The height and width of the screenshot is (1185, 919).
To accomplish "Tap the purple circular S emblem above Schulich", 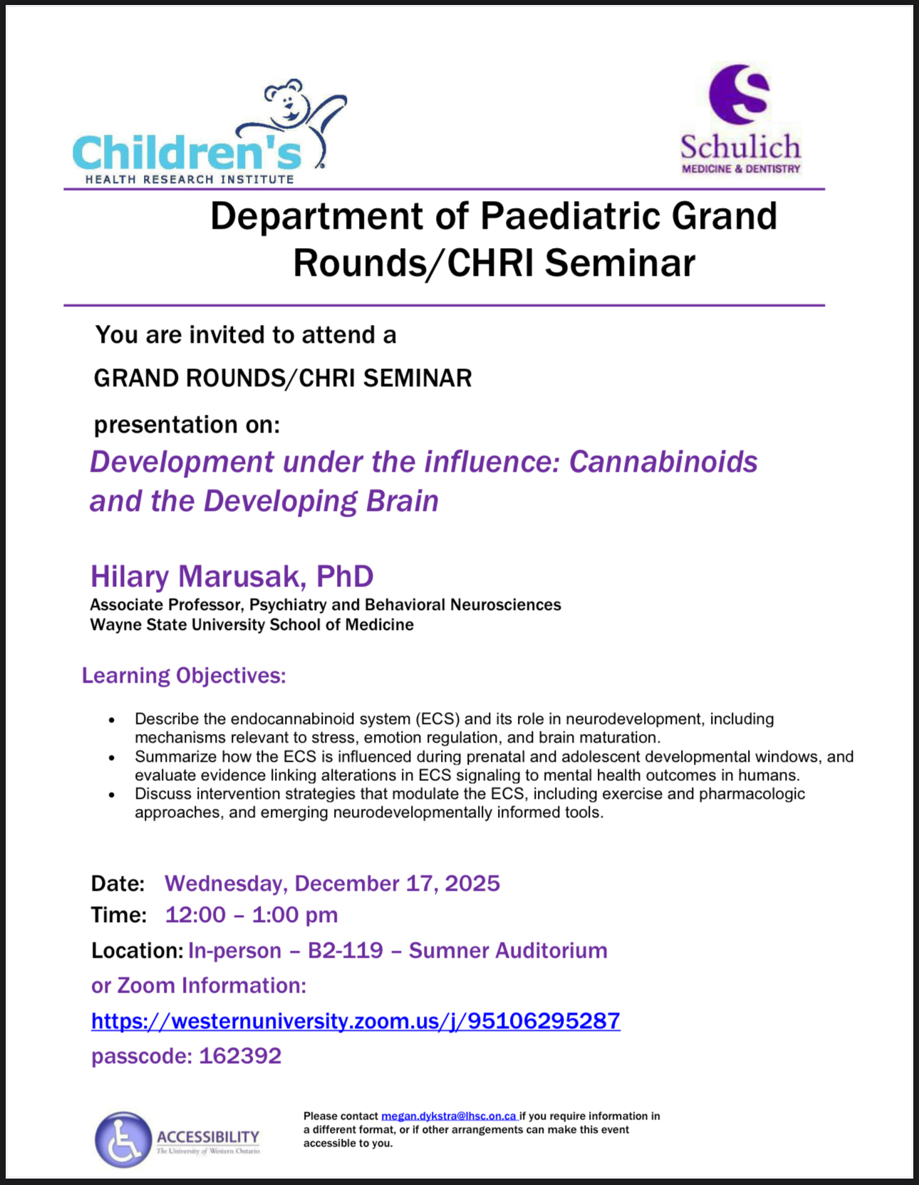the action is (x=739, y=94).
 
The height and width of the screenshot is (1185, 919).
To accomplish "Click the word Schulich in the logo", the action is (x=741, y=148).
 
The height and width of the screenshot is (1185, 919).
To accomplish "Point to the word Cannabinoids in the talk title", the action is (x=663, y=462).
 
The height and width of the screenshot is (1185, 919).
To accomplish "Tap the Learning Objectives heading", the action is (x=184, y=676).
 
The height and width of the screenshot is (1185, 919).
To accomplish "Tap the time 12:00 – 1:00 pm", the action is (x=251, y=915).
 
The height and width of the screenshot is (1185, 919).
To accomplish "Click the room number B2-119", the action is (x=346, y=951).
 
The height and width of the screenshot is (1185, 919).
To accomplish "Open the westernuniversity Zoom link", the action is (x=356, y=1021).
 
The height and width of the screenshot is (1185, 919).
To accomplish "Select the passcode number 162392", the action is (x=240, y=1056).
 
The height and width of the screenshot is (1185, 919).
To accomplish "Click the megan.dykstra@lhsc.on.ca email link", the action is (x=449, y=1117).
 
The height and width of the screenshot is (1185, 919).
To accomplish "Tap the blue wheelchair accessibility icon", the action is (x=123, y=1139).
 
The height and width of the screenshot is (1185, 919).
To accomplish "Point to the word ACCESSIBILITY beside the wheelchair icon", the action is (x=208, y=1137).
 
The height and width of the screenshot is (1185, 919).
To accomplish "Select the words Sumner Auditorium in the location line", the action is (x=508, y=951).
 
